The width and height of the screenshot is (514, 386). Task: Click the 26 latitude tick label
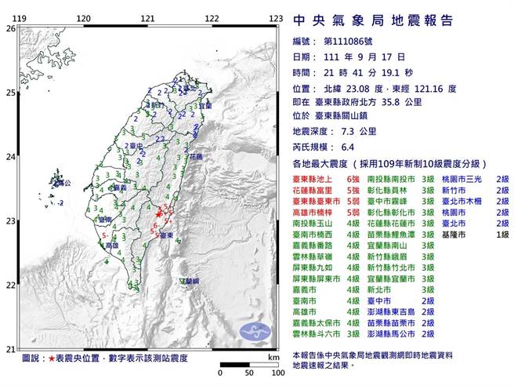pyautogui.click(x=10, y=28)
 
